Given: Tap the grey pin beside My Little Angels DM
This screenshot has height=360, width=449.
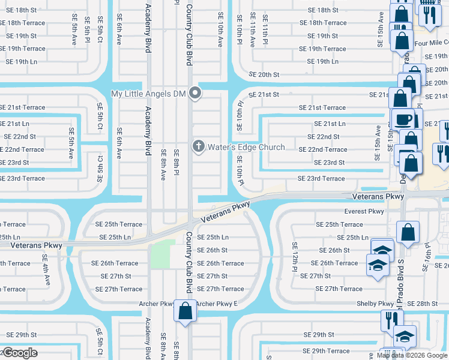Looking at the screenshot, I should (194, 92).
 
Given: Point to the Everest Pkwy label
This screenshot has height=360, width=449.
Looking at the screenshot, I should (364, 211).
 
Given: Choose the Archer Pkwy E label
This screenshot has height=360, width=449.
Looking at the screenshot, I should (217, 304).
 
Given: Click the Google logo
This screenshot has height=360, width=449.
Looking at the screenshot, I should (19, 353).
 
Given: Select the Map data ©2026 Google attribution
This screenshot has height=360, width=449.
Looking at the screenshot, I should (412, 355).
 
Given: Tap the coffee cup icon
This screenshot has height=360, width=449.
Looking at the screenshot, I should (403, 118).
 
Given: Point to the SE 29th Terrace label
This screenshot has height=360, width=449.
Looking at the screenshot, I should (327, 351).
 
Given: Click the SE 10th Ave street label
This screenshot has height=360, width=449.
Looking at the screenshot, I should (220, 29).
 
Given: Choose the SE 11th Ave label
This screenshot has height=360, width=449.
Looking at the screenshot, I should (252, 29).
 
